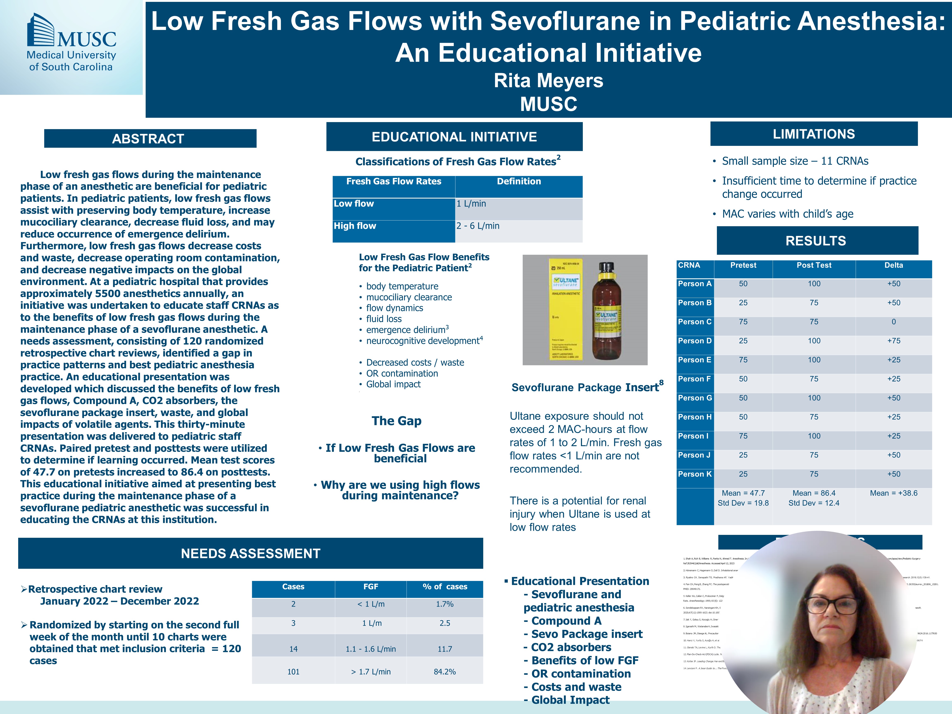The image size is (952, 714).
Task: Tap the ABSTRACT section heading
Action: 148,139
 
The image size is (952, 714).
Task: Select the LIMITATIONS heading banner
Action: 813,134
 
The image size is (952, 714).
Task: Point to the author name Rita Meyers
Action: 548,81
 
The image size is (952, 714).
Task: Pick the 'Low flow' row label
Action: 354,203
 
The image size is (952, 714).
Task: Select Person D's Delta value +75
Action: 894,341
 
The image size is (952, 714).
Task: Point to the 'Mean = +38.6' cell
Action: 894,493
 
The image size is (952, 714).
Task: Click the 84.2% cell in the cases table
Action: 445,671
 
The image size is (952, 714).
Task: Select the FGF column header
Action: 371,587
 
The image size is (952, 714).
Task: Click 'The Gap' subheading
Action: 396,421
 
